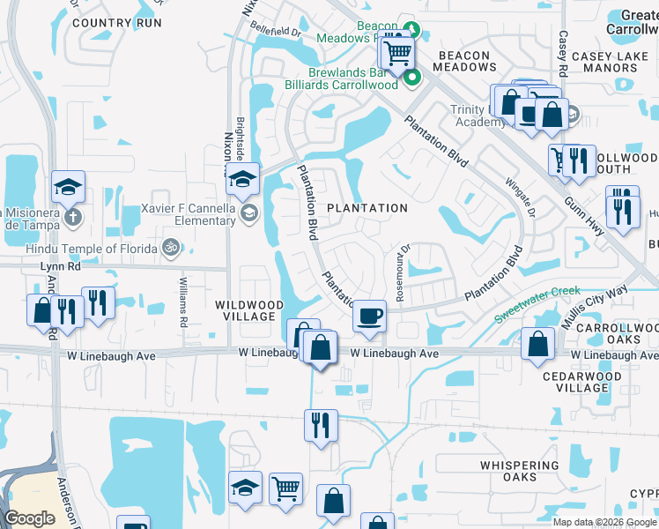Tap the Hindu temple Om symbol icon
tap(173, 250)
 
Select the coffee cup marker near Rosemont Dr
tap(369, 315)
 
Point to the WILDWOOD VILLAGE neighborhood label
tap(250, 311)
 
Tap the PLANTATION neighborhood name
tap(367, 208)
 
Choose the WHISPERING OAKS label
tap(520, 471)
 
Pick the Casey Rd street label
tap(562, 53)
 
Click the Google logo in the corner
tap(29, 518)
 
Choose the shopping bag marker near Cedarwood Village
tap(537, 344)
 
